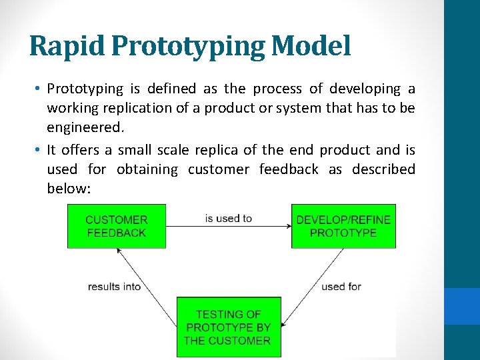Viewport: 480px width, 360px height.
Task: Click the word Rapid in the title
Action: coord(61,46)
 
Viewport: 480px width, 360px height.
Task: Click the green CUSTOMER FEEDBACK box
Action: coord(116,226)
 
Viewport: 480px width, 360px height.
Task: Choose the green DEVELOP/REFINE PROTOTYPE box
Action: coord(343,226)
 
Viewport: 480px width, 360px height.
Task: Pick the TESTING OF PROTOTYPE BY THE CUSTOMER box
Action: coord(229,327)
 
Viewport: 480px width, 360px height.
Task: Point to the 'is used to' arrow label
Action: coord(229,218)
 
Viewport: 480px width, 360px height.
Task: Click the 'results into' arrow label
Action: coord(114,286)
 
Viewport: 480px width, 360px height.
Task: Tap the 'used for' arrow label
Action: coord(341,286)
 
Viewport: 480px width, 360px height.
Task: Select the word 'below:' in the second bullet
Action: coord(69,189)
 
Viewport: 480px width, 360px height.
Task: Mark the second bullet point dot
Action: coord(39,150)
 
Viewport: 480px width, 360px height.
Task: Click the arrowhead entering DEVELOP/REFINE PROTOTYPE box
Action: coord(288,226)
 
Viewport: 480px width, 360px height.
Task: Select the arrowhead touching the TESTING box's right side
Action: coord(284,326)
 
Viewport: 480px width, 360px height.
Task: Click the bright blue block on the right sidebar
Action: coord(462,306)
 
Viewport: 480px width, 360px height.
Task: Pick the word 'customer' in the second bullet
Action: coord(219,169)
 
